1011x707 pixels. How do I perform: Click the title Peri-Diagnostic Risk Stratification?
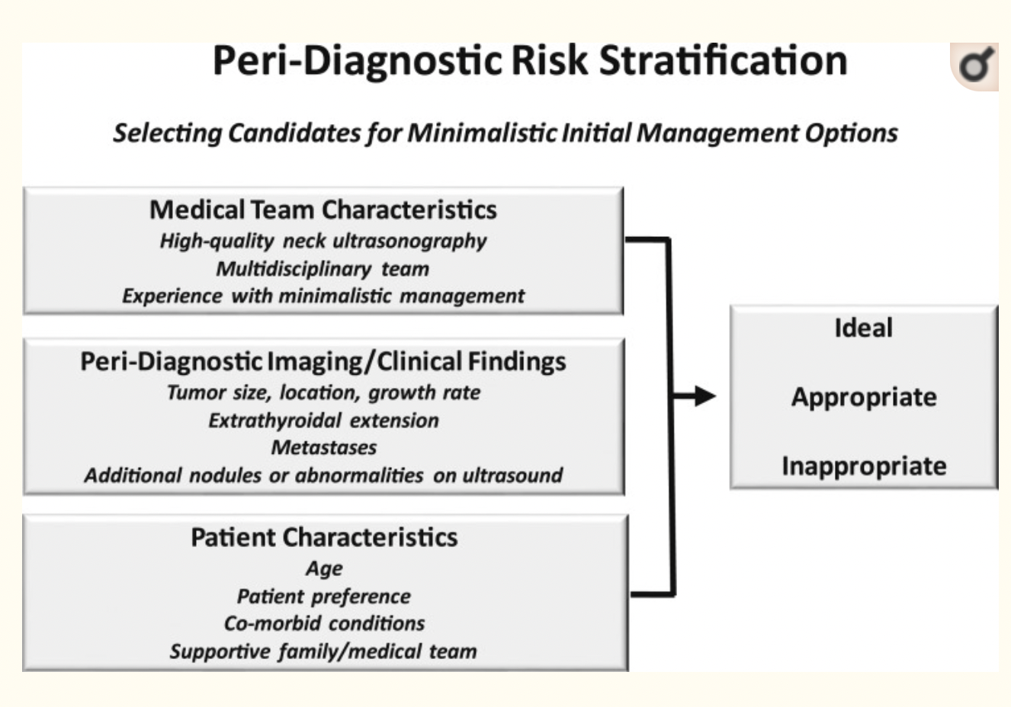[529, 61]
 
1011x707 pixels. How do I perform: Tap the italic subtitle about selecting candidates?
[505, 133]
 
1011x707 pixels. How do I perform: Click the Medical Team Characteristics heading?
[323, 210]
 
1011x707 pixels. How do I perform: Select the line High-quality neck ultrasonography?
[323, 241]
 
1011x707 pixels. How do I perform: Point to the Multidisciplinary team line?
[323, 269]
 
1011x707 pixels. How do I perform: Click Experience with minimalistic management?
[323, 296]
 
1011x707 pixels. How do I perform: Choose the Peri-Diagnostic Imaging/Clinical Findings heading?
[323, 361]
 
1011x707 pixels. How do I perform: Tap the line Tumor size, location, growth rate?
[323, 393]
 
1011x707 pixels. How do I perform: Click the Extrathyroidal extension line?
[323, 421]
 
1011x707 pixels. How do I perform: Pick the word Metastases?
[323, 447]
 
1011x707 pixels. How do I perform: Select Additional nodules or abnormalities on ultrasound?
[323, 475]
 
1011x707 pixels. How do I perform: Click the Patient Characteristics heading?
[324, 537]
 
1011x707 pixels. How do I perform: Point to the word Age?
[324, 568]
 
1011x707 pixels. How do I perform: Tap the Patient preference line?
[323, 596]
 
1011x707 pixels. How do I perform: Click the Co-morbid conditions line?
[324, 623]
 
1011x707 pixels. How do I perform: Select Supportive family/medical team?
[323, 651]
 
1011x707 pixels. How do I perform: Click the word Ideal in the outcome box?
[863, 328]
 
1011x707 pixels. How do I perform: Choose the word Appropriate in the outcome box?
[863, 397]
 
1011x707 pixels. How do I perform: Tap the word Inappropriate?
[863, 465]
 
